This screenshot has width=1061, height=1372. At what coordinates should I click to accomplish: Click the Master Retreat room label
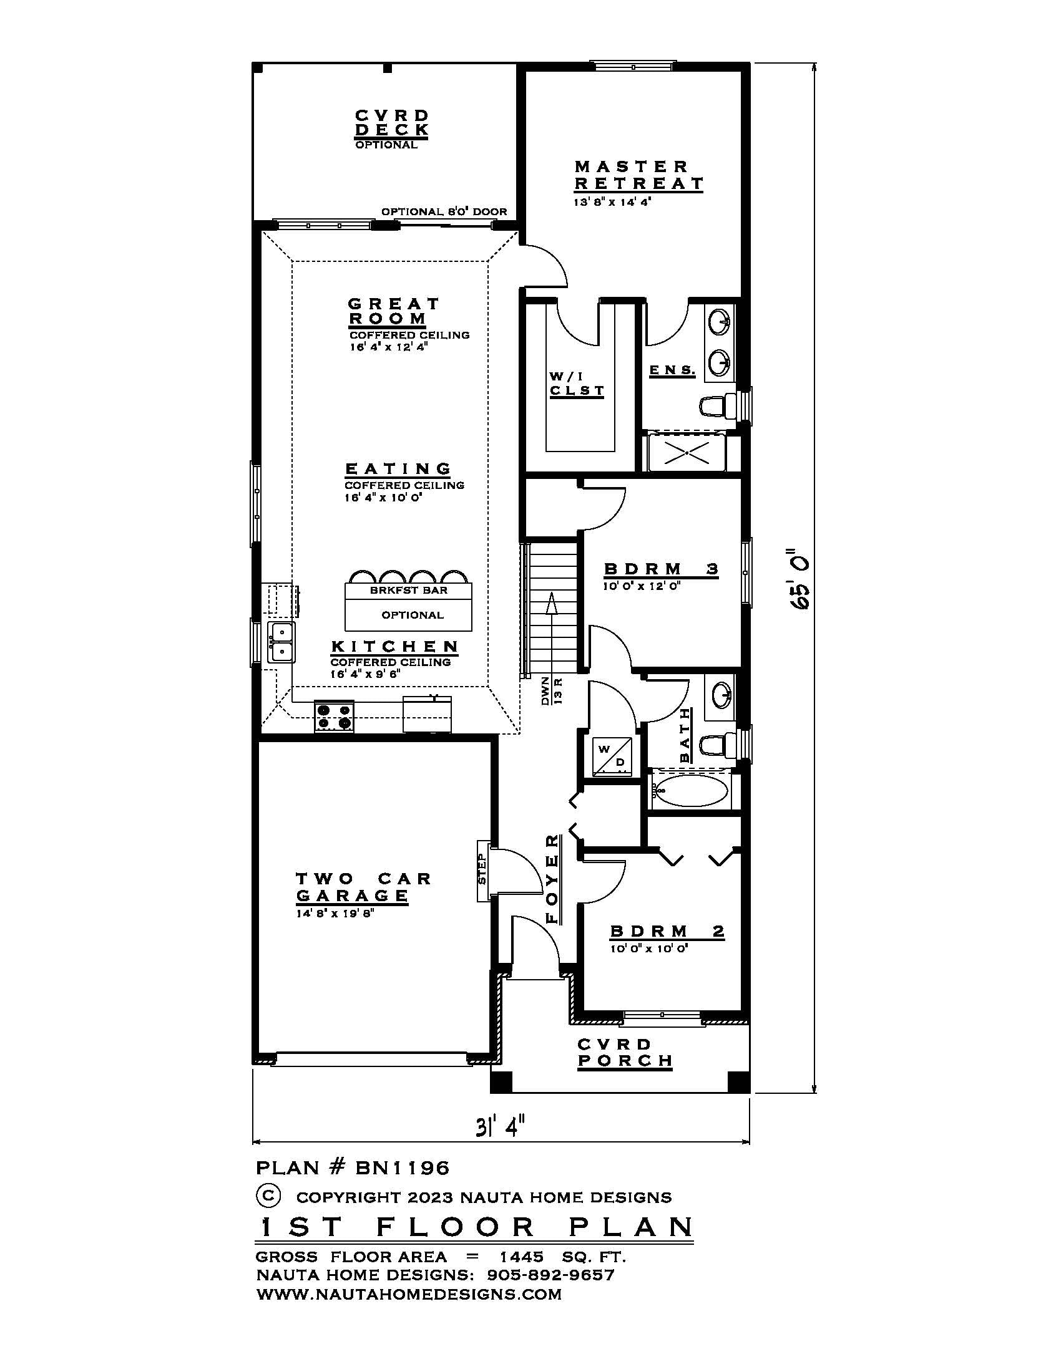(x=638, y=175)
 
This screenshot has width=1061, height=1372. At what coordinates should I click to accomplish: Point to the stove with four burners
(x=334, y=716)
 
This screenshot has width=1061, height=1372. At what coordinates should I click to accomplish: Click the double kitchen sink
(x=281, y=642)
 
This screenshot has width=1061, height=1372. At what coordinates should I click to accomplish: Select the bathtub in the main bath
(x=689, y=792)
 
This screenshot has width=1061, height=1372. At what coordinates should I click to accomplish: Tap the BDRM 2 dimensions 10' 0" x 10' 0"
(x=649, y=949)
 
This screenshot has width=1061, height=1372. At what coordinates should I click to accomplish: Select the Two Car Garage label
(x=363, y=886)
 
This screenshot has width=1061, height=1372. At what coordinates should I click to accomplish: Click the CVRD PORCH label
(x=625, y=1053)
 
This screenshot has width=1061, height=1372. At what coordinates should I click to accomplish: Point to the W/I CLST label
(x=577, y=384)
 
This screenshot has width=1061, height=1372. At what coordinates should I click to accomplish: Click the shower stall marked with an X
(x=686, y=452)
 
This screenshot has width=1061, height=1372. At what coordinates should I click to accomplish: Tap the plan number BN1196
(x=403, y=1168)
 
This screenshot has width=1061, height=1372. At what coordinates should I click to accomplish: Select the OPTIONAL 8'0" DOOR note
(x=444, y=211)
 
